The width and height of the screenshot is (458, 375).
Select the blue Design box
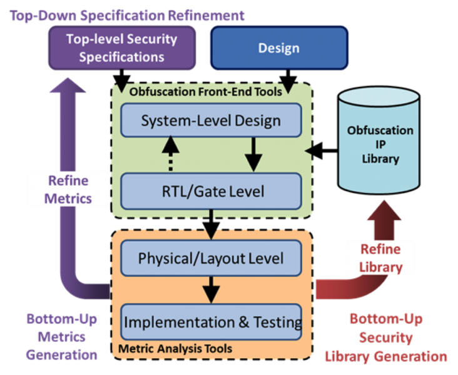tap(278, 47)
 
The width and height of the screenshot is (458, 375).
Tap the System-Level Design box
tap(211, 120)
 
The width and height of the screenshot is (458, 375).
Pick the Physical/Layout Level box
tap(211, 257)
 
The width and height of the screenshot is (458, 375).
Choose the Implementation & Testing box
tap(211, 322)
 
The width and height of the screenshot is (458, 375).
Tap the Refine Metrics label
tap(68, 189)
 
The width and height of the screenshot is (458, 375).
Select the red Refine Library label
tap(380, 257)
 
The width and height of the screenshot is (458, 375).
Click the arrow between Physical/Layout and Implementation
tap(211, 289)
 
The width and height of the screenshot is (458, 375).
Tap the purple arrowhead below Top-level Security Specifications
tap(68, 91)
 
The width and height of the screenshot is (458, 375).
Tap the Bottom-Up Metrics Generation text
tap(61, 337)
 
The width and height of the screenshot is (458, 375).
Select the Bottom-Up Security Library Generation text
tap(385, 337)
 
